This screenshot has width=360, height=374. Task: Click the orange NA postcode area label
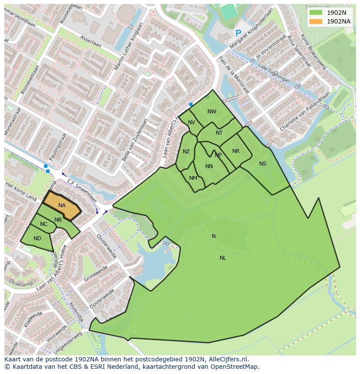pyautogui.click(x=62, y=205)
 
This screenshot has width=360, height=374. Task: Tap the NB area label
pyautogui.click(x=58, y=219)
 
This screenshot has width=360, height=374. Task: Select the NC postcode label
pyautogui.click(x=43, y=224)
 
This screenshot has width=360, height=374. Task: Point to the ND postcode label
pyautogui.click(x=37, y=238)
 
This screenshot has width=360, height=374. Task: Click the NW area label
pyautogui.click(x=212, y=112)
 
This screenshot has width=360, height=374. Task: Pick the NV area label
pyautogui.click(x=191, y=122)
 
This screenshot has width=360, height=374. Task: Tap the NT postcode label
pyautogui.click(x=219, y=133)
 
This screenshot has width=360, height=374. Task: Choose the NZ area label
pyautogui.click(x=186, y=152)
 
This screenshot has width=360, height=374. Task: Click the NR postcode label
pyautogui.click(x=236, y=151)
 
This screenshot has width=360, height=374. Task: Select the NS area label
pyautogui.click(x=263, y=164)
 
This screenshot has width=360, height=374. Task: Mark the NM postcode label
pyautogui.click(x=193, y=178)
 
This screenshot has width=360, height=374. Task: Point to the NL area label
pyautogui.click(x=223, y=258)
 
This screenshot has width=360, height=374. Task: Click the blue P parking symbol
pyautogui.click(x=238, y=33)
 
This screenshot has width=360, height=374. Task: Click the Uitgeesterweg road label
pyautogui.click(x=69, y=342)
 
